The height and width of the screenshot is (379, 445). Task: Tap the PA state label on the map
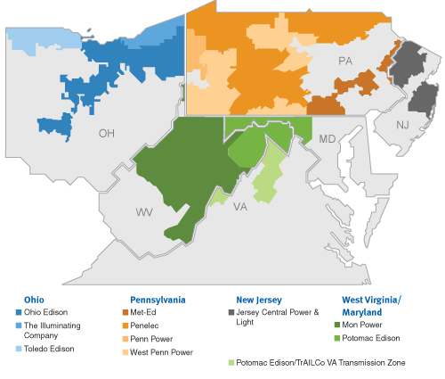tap(347, 61)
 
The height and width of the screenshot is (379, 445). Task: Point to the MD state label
tap(328, 139)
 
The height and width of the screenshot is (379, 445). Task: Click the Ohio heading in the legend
tap(36, 300)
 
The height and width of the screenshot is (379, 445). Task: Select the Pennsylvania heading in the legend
tap(158, 300)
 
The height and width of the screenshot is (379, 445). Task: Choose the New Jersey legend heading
tap(259, 300)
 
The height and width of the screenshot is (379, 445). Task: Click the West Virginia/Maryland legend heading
tap(372, 306)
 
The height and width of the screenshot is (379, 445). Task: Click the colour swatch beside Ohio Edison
tap(20, 313)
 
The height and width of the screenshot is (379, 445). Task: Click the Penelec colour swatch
tap(124, 326)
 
